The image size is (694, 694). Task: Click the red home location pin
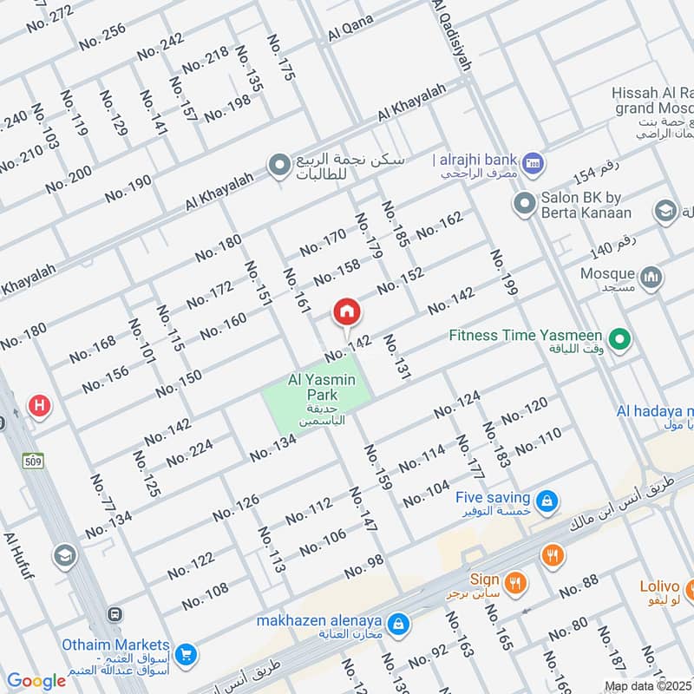tap(346, 311)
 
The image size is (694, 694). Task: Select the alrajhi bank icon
tap(534, 160)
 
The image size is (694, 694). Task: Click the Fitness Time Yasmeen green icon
tap(619, 339)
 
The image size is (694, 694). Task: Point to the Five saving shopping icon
tap(547, 500)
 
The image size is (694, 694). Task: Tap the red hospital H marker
tap(39, 405)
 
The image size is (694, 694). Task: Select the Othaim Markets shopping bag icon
tap(183, 652)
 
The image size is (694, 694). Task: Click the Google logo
tap(36, 681)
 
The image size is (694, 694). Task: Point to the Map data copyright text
tap(648, 686)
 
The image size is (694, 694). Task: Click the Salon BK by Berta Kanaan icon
tap(523, 205)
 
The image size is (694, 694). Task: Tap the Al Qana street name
tap(350, 33)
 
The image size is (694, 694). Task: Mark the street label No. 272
tap(49, 16)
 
